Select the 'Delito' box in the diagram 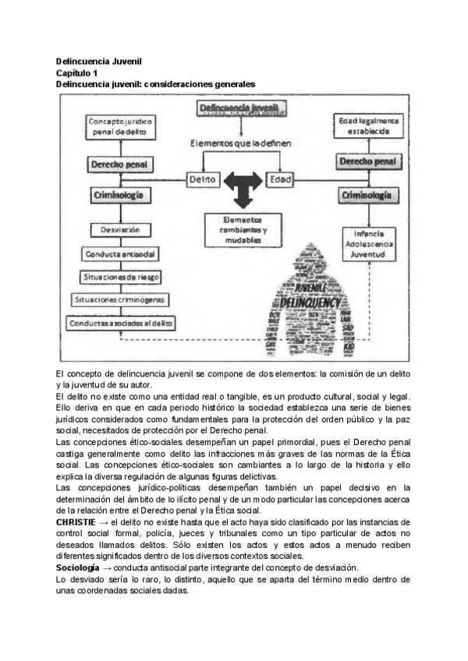pyautogui.click(x=203, y=179)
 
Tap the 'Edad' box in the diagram pyautogui.click(x=280, y=179)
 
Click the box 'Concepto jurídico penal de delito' pyautogui.click(x=120, y=127)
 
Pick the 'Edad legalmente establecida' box pyautogui.click(x=368, y=126)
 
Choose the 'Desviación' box pyautogui.click(x=119, y=230)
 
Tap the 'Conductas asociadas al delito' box pyautogui.click(x=121, y=322)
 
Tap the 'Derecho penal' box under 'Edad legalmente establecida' pyautogui.click(x=367, y=162)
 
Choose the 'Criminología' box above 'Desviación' pyautogui.click(x=119, y=196)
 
